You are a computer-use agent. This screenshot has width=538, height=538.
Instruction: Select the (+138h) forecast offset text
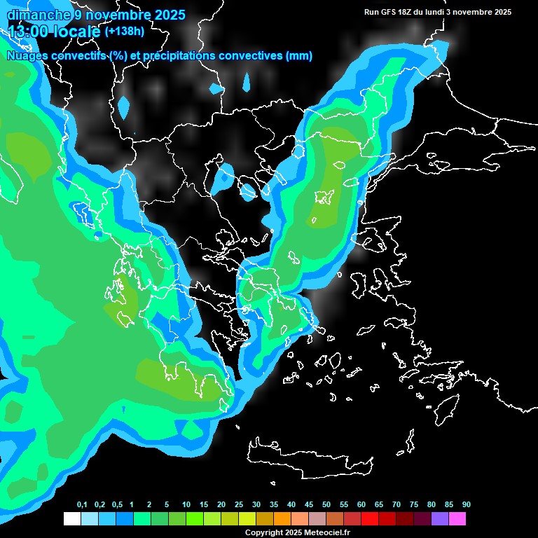point(124,31)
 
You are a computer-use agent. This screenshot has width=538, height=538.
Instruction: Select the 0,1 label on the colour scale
point(82,505)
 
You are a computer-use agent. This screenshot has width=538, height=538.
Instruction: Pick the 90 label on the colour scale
point(467,505)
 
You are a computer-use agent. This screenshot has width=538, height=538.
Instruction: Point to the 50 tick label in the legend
point(326,505)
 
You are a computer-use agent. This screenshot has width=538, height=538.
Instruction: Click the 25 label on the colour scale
point(239,505)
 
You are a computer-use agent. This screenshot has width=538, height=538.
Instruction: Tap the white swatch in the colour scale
point(71,518)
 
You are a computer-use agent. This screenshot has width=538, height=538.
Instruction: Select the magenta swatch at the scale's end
point(457,518)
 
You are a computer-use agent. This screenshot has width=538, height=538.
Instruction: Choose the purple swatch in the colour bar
point(440,518)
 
